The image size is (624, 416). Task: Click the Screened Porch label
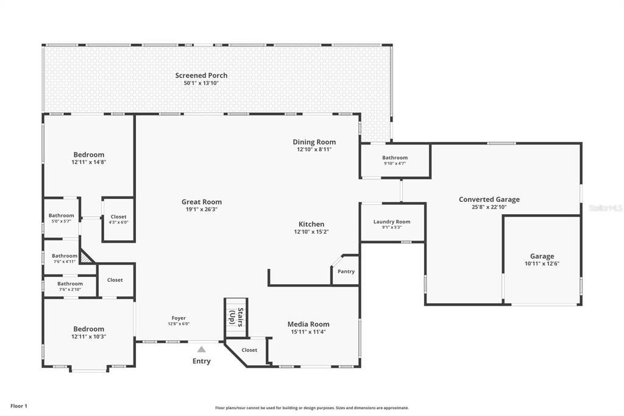[x=201, y=76]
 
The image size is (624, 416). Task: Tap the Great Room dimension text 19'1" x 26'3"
[x=201, y=209]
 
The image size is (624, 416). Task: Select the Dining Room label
[x=314, y=142]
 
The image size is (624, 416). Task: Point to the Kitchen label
[x=311, y=224]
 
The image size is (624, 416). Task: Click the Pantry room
[x=346, y=271]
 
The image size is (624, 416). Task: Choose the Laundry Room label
[x=392, y=222]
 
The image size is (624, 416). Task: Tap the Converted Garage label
[x=489, y=199]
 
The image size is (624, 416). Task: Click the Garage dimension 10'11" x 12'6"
[x=542, y=264]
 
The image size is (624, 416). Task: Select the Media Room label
[x=308, y=325]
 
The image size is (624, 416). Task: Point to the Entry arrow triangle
[x=201, y=350]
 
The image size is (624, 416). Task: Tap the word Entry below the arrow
[x=201, y=361]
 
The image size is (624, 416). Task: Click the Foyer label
[x=179, y=318]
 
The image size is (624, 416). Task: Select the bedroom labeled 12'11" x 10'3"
[x=89, y=332]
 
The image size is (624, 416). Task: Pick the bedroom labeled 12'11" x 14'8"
[x=89, y=158]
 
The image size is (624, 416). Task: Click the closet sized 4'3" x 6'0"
[x=118, y=220]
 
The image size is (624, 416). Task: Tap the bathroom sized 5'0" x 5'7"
[x=62, y=218]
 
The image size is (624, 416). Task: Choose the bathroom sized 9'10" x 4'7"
[x=395, y=160]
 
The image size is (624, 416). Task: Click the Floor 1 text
[x=19, y=406]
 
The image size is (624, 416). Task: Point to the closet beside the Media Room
[x=249, y=350]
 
